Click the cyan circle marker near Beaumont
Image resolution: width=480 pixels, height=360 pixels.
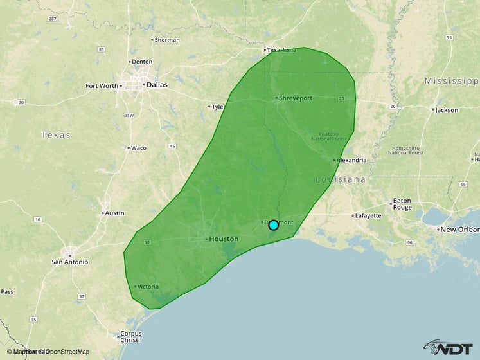click(273, 225)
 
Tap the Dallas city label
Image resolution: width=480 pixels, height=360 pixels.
click(157, 84)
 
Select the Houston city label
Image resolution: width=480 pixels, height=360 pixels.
click(224, 239)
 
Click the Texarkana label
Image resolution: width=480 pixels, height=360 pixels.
click(282, 50)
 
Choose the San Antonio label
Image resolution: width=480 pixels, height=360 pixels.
click(70, 262)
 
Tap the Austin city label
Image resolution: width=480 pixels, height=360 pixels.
click(114, 213)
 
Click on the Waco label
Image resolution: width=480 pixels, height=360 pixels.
click(138, 148)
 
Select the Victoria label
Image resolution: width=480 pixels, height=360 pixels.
click(148, 287)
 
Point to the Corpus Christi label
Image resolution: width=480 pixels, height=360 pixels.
click(130, 338)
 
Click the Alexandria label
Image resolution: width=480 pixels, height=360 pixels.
click(351, 160)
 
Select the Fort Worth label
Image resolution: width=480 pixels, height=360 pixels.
click(102, 85)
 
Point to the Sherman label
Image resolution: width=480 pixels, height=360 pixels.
click(167, 40)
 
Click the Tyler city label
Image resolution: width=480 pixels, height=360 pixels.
click(219, 107)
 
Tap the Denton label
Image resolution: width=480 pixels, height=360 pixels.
click(141, 62)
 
